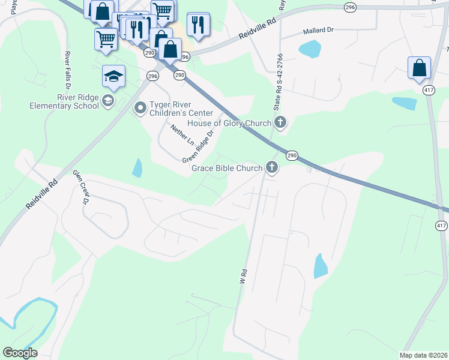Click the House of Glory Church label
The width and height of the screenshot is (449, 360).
229,124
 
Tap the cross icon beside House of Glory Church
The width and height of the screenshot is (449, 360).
280,124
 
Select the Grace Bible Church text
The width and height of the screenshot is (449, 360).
227,168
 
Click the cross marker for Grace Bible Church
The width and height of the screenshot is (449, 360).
272,168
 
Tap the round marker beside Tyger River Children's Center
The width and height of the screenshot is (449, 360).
140,108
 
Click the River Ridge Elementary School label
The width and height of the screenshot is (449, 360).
64,101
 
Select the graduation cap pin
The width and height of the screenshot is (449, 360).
113,76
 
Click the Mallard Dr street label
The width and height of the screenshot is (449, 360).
318,30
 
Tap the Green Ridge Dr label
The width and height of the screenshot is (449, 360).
199,147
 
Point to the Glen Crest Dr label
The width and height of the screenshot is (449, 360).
81,187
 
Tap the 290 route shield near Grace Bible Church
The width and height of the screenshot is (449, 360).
292,155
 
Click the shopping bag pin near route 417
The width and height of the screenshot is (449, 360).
419,68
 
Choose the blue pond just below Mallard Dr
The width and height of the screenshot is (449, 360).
309,49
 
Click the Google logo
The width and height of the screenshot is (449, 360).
20,353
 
